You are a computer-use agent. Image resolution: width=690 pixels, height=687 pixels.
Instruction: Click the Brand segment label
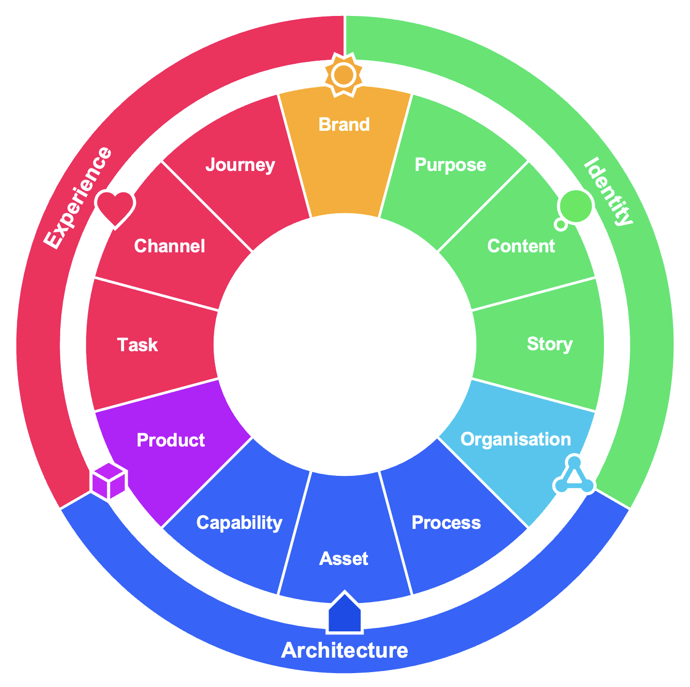[x=344, y=125]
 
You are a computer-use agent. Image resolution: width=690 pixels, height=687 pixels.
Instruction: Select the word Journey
[x=240, y=165]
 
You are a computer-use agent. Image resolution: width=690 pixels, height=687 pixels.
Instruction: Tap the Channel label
[x=169, y=246]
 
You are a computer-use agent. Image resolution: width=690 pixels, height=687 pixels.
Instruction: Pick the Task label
[x=137, y=345]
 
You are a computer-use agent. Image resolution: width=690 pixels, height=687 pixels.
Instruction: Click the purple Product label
[x=171, y=440]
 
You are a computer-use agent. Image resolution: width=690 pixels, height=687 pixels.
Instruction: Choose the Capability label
[x=239, y=523]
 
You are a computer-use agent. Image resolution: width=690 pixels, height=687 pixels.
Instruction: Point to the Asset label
[x=344, y=559]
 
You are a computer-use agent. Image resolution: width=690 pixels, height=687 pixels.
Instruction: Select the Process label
[x=446, y=523]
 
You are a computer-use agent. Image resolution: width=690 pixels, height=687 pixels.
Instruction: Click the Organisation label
[x=515, y=439]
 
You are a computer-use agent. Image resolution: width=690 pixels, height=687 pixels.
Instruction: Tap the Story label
[x=550, y=344]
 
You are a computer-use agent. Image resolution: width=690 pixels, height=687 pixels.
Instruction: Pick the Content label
[x=521, y=246]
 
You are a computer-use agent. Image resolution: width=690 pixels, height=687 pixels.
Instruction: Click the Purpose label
[x=450, y=165]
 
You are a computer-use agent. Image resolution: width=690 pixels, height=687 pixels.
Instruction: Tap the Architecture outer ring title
[x=344, y=650]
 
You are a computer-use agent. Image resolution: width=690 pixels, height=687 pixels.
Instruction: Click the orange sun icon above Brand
[x=344, y=76]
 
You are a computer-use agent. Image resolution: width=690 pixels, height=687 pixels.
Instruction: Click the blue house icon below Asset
[x=344, y=613]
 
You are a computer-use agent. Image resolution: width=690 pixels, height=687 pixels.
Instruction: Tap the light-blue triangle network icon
[x=575, y=476]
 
